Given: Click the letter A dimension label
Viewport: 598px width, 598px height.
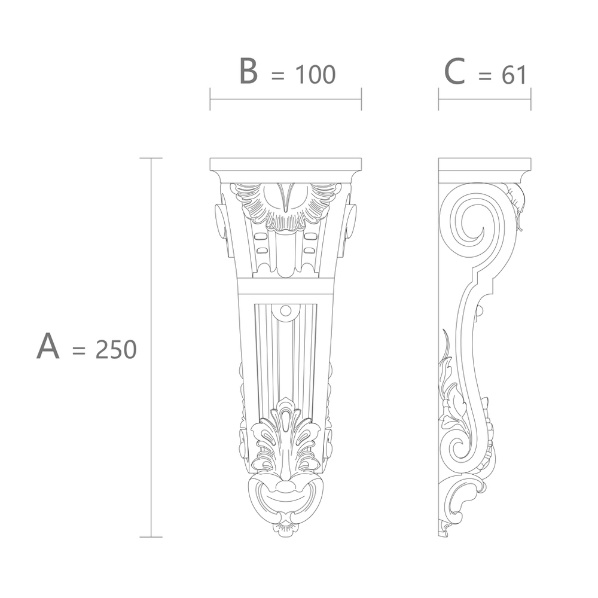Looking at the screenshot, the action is (x=48, y=346).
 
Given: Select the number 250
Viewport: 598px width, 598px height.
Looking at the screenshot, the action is (x=116, y=350).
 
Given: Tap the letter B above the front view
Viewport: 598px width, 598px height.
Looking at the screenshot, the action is (x=248, y=71).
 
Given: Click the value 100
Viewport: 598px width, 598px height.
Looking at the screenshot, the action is (x=315, y=74).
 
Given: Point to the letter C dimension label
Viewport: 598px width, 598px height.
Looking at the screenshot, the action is (x=454, y=71).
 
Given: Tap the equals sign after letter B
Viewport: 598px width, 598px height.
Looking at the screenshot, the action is (x=277, y=75).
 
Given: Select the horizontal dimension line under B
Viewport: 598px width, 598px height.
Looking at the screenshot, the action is (x=286, y=99).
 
